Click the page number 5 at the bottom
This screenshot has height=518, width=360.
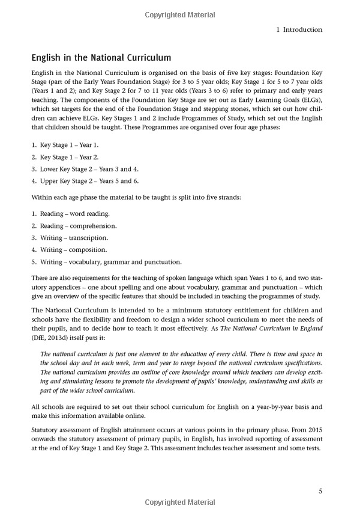[x=320, y=492]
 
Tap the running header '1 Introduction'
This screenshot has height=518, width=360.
[x=293, y=29]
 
